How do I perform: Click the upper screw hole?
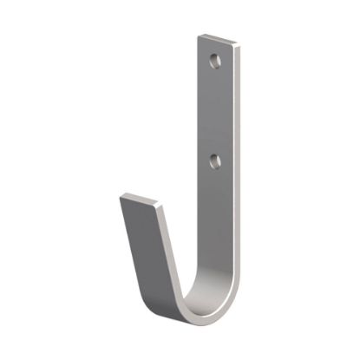coord(214,62)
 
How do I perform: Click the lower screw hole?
coord(214,160)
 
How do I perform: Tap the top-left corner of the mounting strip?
coord(199,36)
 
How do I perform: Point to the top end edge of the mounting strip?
coord(219,39)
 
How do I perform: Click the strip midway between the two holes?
coord(215,111)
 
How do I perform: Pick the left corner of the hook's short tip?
coord(121,195)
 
